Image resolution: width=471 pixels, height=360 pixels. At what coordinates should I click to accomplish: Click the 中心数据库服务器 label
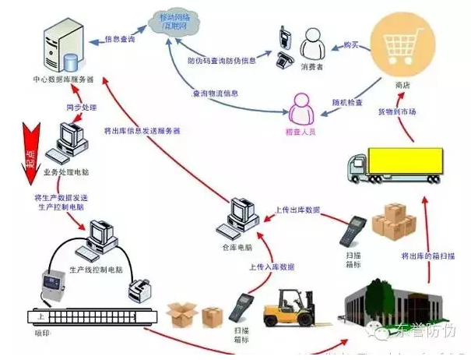(63, 79)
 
